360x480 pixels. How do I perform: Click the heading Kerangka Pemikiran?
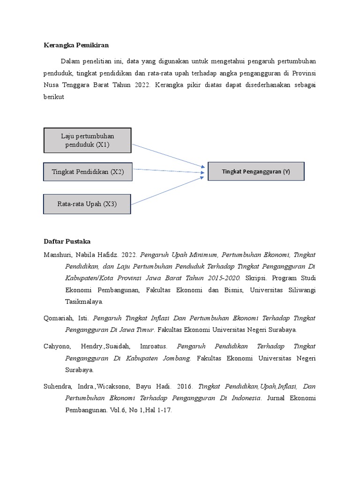point(76,45)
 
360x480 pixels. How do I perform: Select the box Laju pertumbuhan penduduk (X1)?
point(87,140)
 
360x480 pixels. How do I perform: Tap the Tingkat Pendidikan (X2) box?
point(87,172)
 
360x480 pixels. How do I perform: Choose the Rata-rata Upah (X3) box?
point(87,204)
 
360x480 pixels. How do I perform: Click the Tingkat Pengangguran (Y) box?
point(256,172)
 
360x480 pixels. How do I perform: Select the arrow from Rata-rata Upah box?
point(169,190)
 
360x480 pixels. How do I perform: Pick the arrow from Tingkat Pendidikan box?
point(169,171)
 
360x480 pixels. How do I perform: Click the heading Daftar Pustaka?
point(67,241)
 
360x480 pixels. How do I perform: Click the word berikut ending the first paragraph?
point(53,97)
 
